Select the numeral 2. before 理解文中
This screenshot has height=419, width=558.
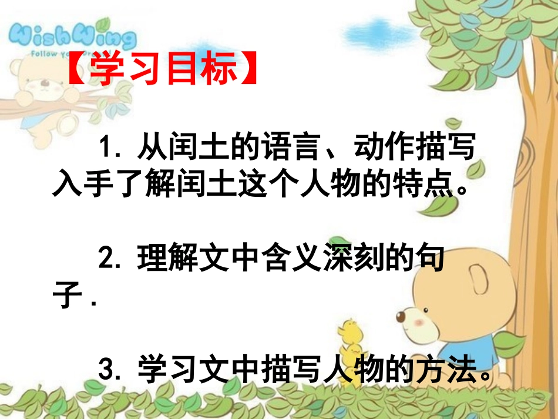point(110,259)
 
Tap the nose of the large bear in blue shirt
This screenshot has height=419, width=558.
point(401,316)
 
